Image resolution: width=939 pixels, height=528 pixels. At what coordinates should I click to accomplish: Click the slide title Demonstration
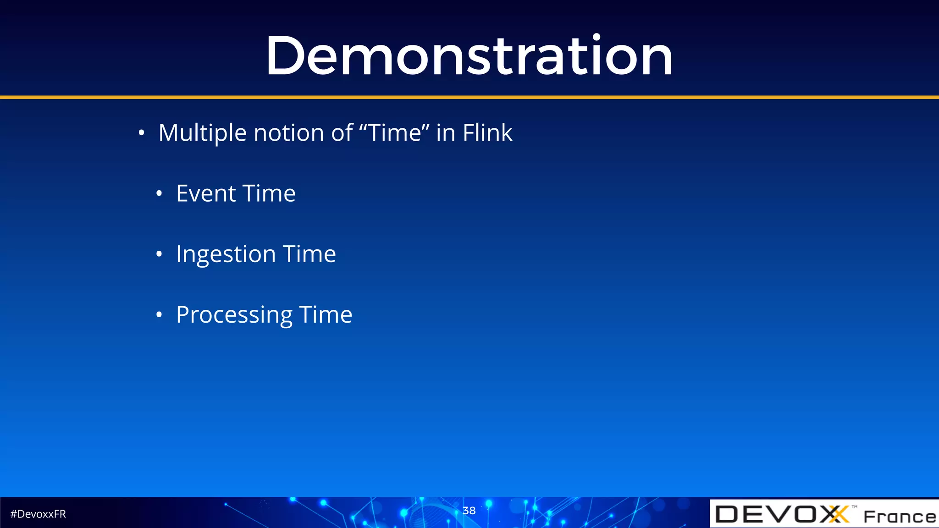469,56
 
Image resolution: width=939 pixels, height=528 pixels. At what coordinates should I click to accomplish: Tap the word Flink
487,133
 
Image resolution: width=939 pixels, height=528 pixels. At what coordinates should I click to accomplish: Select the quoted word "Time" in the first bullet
395,133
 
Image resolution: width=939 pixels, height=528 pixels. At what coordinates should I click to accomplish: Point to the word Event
206,193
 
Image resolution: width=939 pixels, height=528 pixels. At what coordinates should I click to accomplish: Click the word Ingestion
226,254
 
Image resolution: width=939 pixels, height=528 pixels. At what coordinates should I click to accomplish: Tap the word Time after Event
269,193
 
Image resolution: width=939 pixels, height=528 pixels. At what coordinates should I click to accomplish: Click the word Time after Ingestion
309,254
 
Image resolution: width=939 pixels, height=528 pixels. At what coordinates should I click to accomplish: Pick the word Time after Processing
326,315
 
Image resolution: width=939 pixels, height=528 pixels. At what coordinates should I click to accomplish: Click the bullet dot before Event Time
159,194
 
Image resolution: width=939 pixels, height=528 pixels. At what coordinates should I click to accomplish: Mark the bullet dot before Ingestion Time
159,254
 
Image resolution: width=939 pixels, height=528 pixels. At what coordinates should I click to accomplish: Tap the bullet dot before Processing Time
159,315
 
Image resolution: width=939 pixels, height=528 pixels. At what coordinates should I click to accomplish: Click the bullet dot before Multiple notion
142,133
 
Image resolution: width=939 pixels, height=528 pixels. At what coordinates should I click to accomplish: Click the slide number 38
469,511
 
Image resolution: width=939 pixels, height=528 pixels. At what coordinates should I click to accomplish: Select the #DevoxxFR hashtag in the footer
38,514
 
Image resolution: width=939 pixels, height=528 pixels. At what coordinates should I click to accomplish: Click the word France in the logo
900,517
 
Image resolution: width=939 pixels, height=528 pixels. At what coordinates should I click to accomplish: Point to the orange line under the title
469,97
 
